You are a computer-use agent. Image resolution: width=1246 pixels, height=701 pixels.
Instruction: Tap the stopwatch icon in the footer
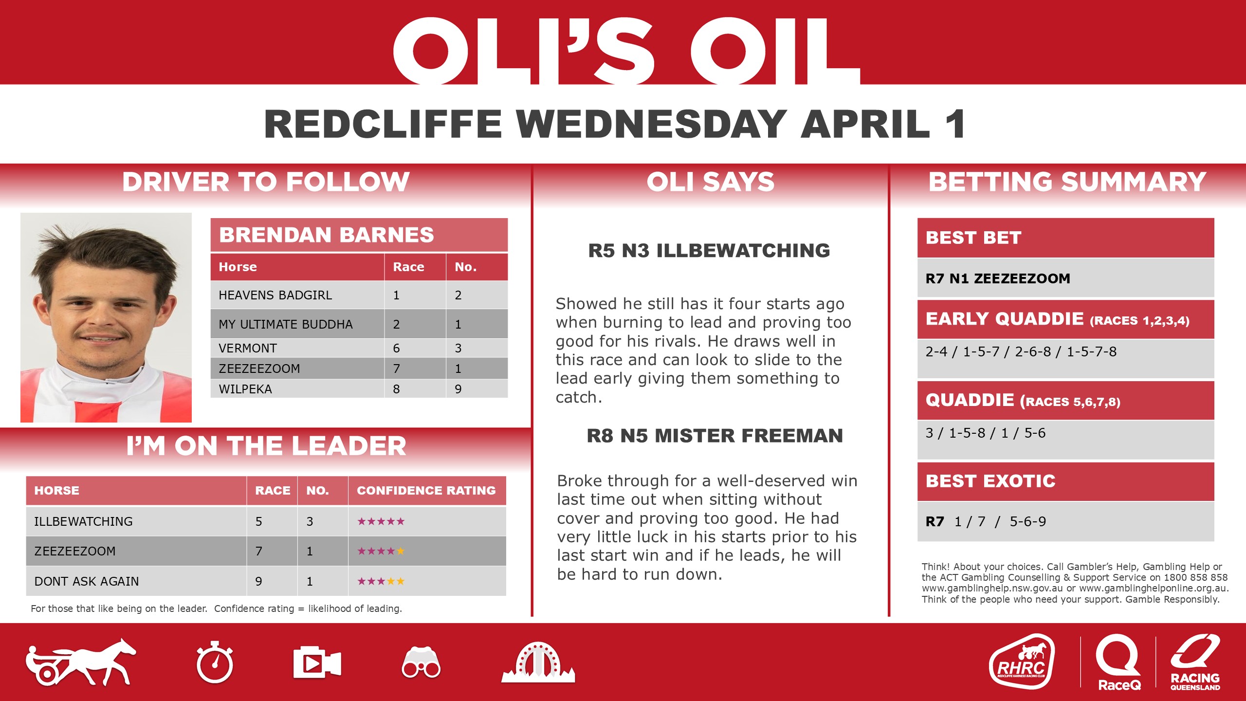(215, 662)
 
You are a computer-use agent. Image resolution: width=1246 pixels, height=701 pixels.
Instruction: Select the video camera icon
(316, 663)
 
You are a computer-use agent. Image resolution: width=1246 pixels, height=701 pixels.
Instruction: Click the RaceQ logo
(1118, 662)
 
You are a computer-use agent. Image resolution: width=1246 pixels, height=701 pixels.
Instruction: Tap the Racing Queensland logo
(1195, 662)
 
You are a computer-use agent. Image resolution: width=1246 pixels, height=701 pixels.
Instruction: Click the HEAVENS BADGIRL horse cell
(275, 295)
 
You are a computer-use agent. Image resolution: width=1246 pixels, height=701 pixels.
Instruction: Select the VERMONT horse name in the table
(248, 348)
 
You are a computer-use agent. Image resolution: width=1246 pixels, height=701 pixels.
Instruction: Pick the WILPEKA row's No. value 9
(458, 389)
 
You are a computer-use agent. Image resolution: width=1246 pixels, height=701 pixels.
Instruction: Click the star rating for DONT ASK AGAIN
(381, 581)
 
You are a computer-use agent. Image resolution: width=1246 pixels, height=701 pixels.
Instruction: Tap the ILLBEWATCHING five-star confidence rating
(381, 521)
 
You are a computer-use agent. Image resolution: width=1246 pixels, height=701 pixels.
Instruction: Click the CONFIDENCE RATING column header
(426, 490)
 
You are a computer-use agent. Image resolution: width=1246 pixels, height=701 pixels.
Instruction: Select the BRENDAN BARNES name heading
(327, 235)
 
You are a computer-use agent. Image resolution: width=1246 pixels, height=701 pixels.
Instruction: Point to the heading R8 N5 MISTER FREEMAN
(715, 436)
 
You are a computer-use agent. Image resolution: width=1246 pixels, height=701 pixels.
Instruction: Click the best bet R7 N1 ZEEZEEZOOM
(998, 278)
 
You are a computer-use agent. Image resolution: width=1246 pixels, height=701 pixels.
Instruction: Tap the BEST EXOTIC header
(990, 481)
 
